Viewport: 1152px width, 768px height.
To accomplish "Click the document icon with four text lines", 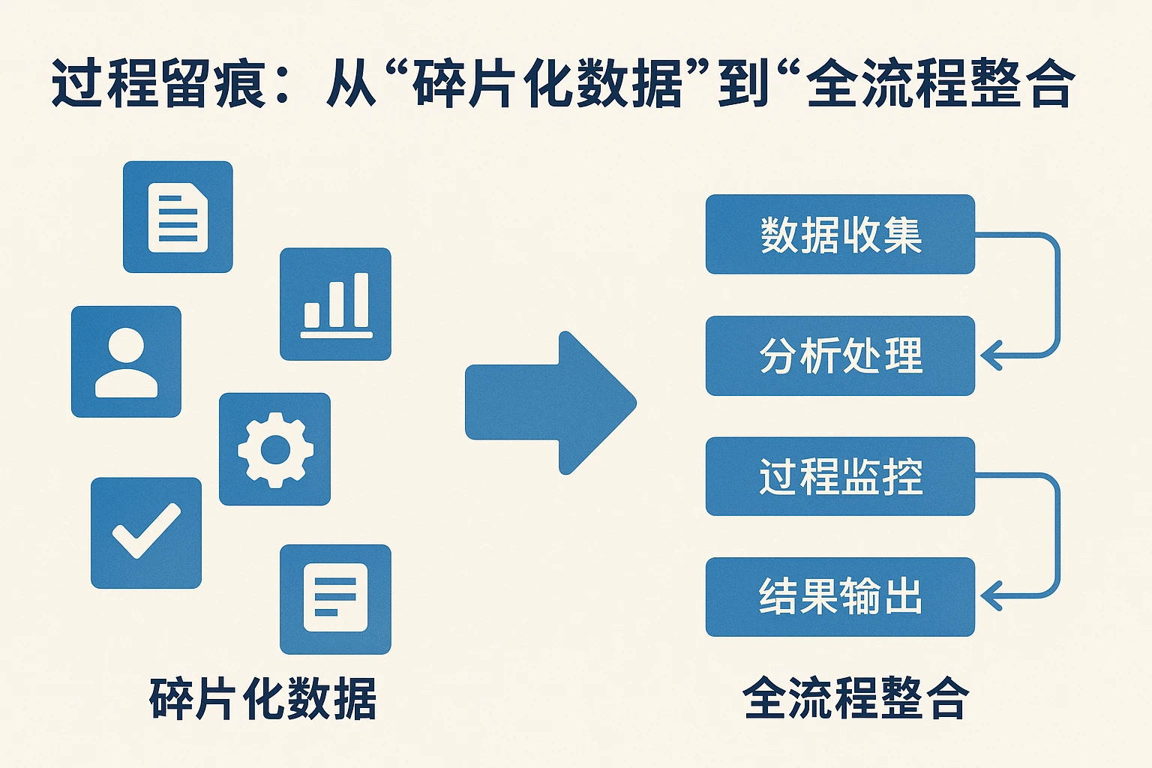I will (x=178, y=217).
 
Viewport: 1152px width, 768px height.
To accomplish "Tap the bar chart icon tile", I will (x=335, y=304).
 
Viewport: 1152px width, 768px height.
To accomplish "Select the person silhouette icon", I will (x=126, y=361).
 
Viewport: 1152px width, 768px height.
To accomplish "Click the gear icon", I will (x=274, y=449).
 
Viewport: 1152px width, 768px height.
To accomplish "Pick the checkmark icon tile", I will (x=146, y=532).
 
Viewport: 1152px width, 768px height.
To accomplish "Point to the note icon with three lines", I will (x=335, y=598).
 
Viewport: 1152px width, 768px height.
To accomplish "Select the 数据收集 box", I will (x=840, y=235).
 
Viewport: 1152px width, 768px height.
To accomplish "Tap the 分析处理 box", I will (x=840, y=355).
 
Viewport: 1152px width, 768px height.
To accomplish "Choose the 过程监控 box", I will (x=840, y=476).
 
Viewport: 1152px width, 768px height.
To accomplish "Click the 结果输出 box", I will (x=840, y=597).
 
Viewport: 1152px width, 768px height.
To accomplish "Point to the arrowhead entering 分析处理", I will (x=991, y=355).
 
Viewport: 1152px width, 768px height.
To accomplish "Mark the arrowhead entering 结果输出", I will (x=991, y=596).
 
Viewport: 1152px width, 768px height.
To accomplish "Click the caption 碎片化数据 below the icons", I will (x=262, y=698).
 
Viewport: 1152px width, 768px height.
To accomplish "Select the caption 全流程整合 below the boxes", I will (x=856, y=698).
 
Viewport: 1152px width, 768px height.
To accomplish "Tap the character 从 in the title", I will (x=350, y=84).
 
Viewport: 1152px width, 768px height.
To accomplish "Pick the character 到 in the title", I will (x=743, y=84).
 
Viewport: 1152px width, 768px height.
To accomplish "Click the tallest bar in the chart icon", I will (x=361, y=300).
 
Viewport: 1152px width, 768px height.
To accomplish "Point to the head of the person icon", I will (x=126, y=346).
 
